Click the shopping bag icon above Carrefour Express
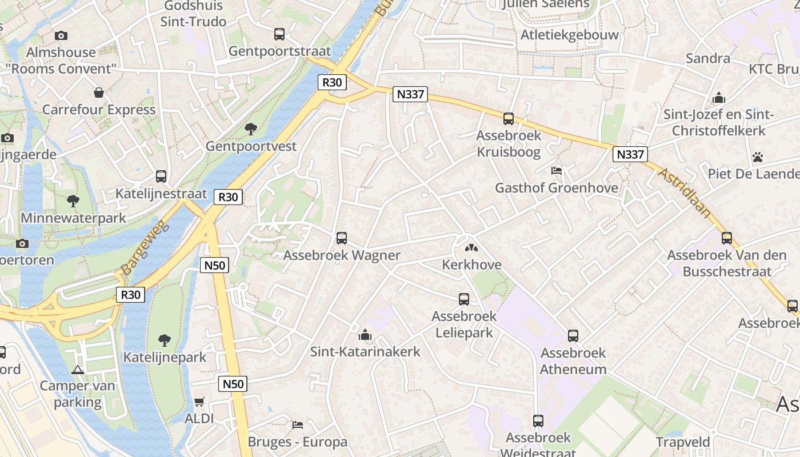(99, 93)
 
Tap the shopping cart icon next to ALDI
(199, 402)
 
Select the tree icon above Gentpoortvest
(250, 129)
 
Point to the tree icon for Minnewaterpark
(73, 201)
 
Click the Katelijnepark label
(165, 358)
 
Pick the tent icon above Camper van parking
(78, 369)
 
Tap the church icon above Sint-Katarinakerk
(365, 335)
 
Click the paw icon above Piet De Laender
(758, 157)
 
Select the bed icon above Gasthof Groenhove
(556, 171)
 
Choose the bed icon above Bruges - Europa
(297, 425)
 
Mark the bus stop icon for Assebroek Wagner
(342, 238)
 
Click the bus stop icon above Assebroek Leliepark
(464, 299)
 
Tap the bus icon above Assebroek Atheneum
(573, 336)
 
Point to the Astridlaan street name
(685, 193)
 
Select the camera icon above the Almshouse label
(61, 35)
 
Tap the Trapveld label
(683, 442)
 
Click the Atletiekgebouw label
(569, 35)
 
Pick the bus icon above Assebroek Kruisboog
(508, 119)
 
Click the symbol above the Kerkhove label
(471, 248)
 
